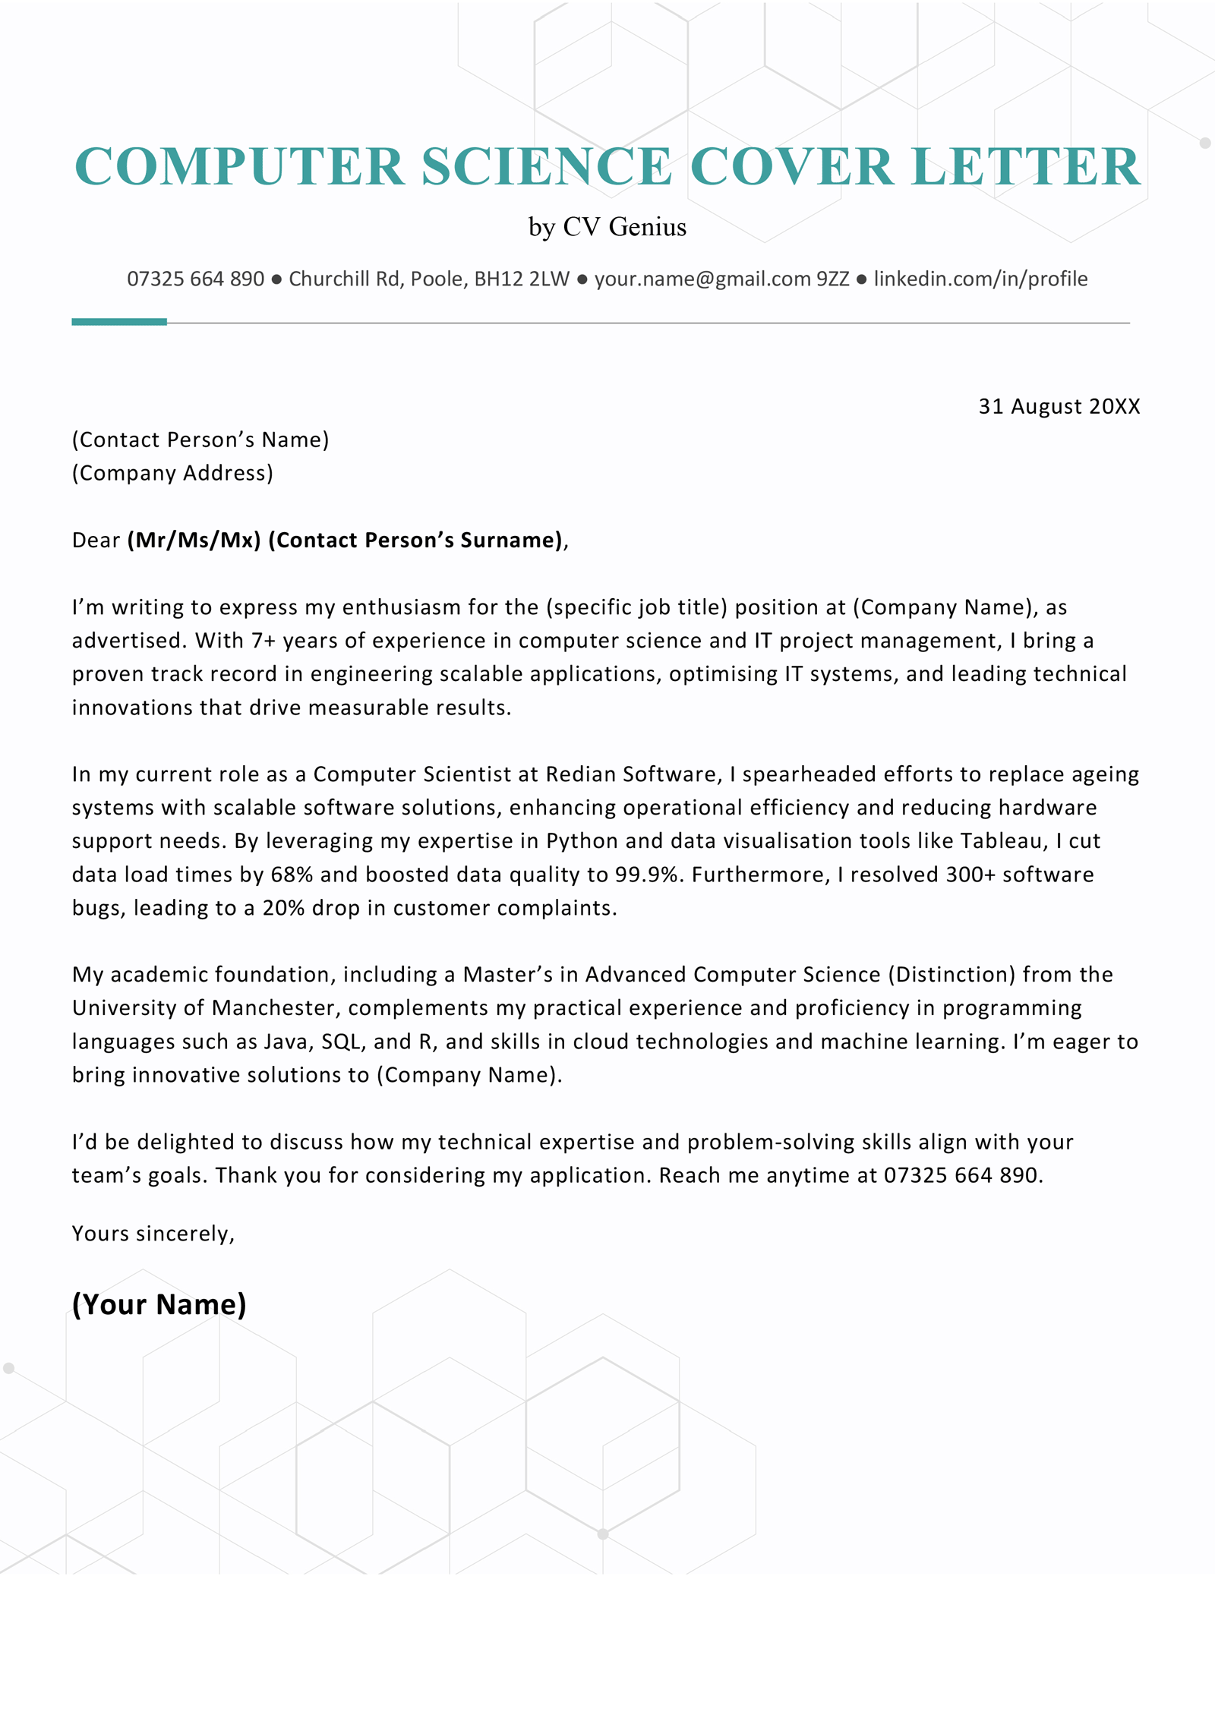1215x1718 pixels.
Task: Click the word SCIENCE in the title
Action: pyautogui.click(x=547, y=166)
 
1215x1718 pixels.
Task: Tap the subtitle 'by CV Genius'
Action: pyautogui.click(x=607, y=227)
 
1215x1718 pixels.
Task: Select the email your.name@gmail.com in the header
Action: pyautogui.click(x=702, y=279)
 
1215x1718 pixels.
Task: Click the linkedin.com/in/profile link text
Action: pyautogui.click(x=980, y=279)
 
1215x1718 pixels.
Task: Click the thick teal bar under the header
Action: pyautogui.click(x=118, y=322)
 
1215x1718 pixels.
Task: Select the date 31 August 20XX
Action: pyautogui.click(x=1059, y=406)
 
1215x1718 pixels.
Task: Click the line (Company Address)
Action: pyautogui.click(x=172, y=473)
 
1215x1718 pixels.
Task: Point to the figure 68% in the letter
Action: pyautogui.click(x=292, y=874)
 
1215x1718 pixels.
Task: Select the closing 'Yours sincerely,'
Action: pyautogui.click(x=153, y=1234)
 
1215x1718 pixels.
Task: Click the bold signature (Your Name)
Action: pyautogui.click(x=159, y=1304)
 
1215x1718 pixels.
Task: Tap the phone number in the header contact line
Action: pyautogui.click(x=195, y=279)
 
